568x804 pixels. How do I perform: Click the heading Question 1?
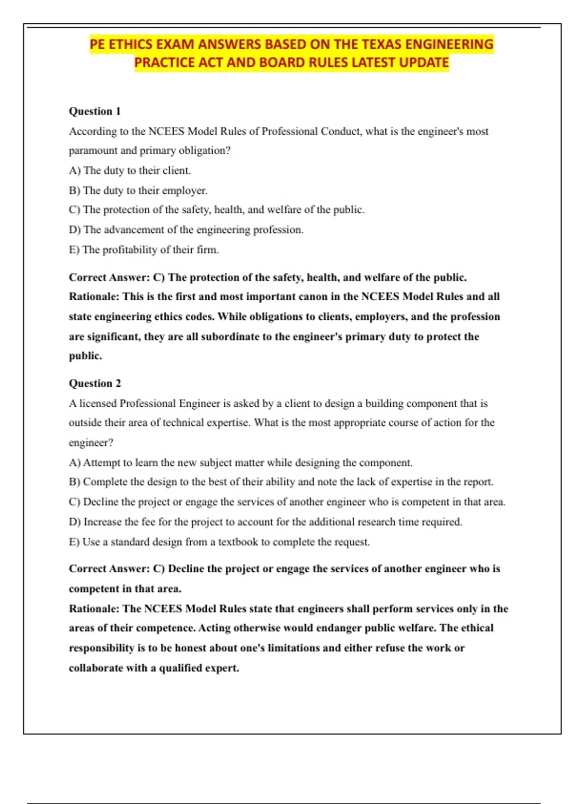point(95,111)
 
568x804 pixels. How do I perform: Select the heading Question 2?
point(95,383)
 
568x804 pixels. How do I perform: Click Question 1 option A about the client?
point(130,170)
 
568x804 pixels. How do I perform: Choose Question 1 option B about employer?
point(138,191)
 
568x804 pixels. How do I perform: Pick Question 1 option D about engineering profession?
point(186,230)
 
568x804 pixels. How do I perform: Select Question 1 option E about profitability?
point(144,250)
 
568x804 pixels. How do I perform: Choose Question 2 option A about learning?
point(240,463)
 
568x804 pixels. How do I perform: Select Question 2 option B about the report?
point(281,482)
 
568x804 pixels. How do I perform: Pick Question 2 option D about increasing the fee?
point(266,522)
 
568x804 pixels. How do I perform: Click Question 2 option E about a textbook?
point(219,542)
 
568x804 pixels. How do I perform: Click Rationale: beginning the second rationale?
point(94,609)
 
